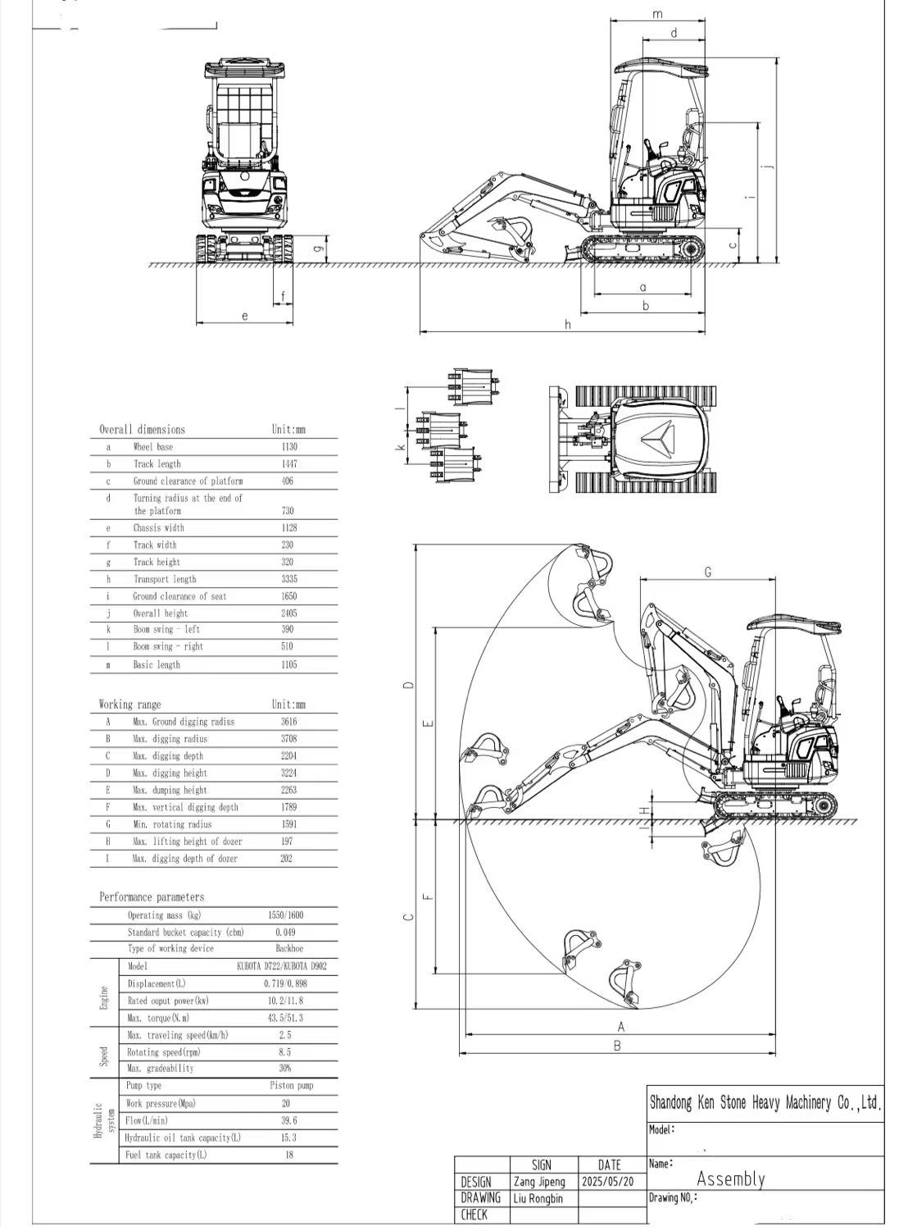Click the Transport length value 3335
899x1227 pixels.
(288, 579)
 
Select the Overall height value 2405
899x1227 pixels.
(288, 613)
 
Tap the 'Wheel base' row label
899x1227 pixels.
(153, 447)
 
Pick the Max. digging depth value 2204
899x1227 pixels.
(288, 756)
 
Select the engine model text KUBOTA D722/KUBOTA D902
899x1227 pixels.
(281, 966)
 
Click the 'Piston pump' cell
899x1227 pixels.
(291, 1085)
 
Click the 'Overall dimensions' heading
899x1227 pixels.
(142, 430)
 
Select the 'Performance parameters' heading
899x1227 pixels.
(152, 897)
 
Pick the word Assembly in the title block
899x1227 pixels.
(730, 1179)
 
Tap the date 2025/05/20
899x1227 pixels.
(606, 1182)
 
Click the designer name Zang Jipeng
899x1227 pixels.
(538, 1182)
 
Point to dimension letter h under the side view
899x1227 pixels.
(567, 325)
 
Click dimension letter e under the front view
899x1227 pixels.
(244, 316)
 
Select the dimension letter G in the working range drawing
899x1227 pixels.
(707, 572)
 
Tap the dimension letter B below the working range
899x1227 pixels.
(617, 1045)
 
